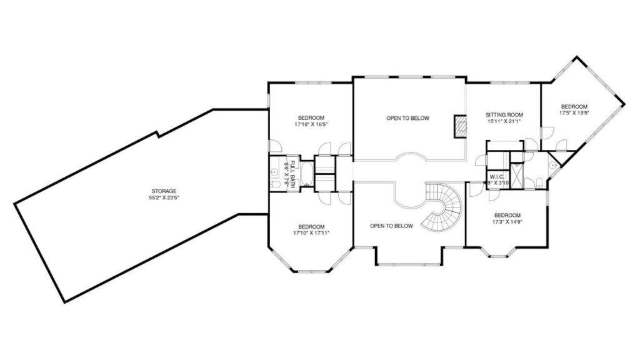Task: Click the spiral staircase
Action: coord(443,207)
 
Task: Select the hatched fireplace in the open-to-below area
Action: coord(461,126)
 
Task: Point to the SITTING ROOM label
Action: coord(504,115)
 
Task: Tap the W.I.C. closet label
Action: coord(497,177)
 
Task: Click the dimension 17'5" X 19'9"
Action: coord(574,113)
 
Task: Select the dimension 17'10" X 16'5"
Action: coord(311,125)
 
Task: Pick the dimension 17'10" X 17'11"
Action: coord(311,232)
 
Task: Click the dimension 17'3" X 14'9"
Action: coord(507,221)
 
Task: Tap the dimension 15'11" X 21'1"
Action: coord(504,122)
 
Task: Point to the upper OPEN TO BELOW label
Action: coord(407,118)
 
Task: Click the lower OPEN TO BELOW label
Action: coord(391,226)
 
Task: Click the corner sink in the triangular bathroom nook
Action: coord(552,164)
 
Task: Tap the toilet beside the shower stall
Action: coord(539,182)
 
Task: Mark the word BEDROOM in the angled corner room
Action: coord(574,106)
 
